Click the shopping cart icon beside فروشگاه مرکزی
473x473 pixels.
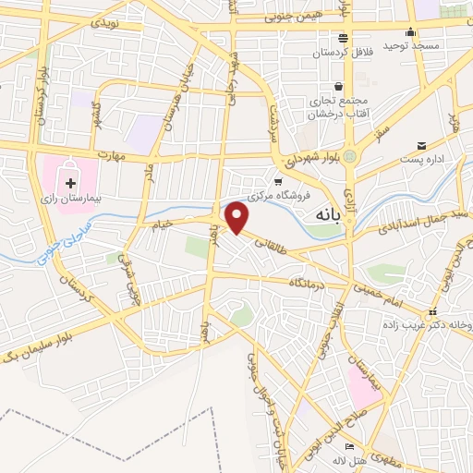(x=277, y=180)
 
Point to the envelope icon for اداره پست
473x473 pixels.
(x=422, y=145)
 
